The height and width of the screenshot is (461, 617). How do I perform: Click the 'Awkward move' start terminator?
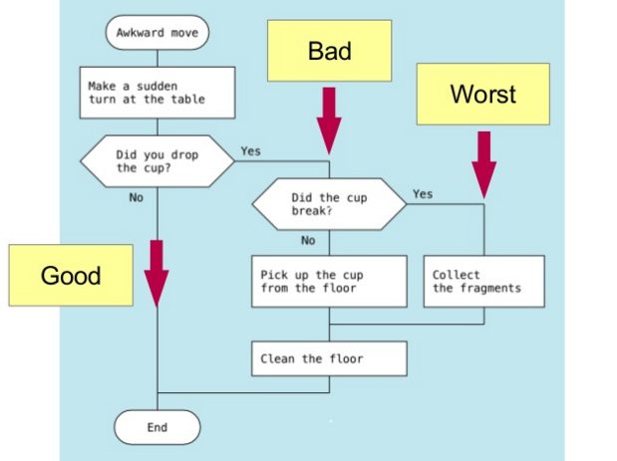click(x=157, y=33)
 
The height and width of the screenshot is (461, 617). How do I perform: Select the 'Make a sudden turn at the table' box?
click(x=157, y=93)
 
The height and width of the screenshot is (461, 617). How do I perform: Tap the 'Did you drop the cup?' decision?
click(x=157, y=161)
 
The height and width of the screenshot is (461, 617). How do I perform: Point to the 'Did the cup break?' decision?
click(x=329, y=204)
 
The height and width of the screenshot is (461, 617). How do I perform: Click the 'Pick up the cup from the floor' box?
click(x=329, y=282)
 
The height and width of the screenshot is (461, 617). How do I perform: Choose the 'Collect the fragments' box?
click(x=484, y=282)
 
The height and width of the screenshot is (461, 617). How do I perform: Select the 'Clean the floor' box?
click(x=329, y=358)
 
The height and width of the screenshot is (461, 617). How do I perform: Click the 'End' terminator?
click(x=157, y=427)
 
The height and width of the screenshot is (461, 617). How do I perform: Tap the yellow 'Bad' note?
click(x=329, y=51)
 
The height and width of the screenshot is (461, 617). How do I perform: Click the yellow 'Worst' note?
click(x=483, y=94)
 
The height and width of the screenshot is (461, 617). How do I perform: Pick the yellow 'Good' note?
click(x=71, y=275)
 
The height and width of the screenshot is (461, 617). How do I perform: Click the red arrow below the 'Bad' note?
click(x=329, y=121)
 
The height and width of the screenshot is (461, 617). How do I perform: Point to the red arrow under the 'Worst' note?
click(x=484, y=165)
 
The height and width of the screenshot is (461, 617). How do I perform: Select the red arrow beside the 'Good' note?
click(x=156, y=274)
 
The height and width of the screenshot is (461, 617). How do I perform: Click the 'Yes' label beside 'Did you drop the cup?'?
click(x=250, y=151)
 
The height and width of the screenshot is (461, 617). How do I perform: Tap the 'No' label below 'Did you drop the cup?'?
click(x=137, y=197)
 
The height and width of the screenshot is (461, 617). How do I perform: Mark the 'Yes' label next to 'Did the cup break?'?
click(x=423, y=194)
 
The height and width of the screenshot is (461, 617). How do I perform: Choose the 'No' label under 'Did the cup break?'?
click(x=308, y=240)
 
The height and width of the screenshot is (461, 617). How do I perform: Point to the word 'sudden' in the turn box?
click(x=157, y=86)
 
